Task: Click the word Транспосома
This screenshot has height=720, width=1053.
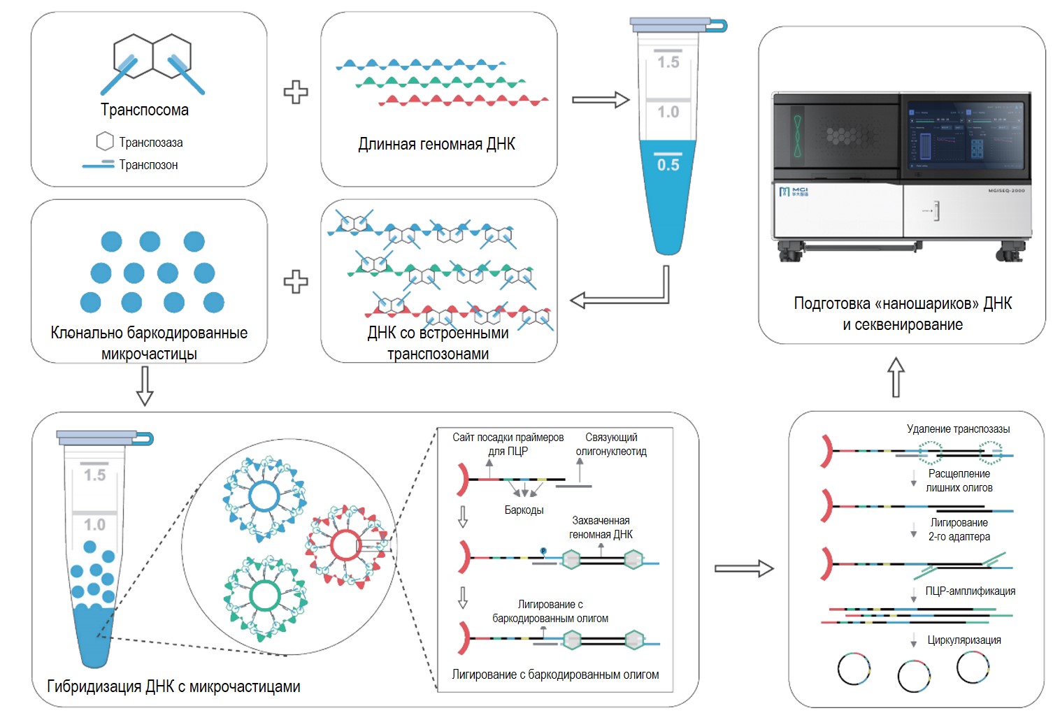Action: pos(144,110)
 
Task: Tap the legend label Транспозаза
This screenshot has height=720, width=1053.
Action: pos(150,142)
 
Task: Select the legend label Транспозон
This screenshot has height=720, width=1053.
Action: pos(148,164)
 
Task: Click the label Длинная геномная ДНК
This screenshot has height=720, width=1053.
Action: pos(437,144)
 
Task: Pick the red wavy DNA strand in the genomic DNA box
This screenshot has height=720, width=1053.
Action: pos(464,101)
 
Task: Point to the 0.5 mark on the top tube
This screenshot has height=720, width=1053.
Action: pos(668,164)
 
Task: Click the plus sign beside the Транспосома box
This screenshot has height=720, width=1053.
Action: pos(296,92)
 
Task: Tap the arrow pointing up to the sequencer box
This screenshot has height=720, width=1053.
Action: pos(896,377)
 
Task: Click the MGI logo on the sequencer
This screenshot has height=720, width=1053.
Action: pos(794,192)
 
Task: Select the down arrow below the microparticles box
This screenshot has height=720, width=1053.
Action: pos(144,386)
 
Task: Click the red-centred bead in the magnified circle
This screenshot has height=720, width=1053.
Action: pos(346,545)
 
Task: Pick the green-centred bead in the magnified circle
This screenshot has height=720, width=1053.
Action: pos(265,596)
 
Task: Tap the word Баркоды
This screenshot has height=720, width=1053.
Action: pos(524,510)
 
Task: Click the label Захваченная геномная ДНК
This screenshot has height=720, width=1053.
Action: pos(601,527)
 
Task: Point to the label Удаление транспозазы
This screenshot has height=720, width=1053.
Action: pos(958,429)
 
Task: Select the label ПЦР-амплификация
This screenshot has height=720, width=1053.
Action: pos(970,591)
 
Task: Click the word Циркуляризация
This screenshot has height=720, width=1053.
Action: pos(964,640)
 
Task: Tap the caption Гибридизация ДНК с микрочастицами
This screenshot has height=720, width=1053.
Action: pos(173,686)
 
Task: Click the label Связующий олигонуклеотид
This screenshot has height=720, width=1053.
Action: pos(611,444)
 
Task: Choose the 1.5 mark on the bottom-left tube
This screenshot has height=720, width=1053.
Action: pos(94,475)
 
